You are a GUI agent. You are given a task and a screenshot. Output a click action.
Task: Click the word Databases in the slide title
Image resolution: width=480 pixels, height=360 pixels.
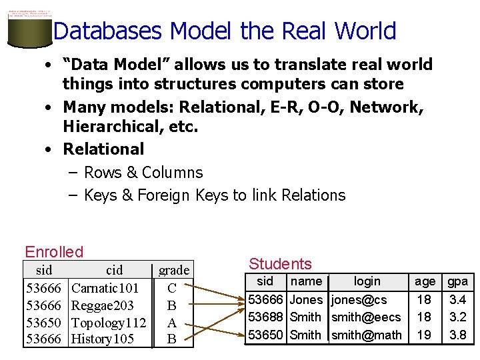coord(107,31)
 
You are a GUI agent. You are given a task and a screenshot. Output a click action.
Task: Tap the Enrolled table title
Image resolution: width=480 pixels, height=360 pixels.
coord(54,252)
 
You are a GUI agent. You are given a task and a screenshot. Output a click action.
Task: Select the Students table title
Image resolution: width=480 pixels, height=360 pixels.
coord(280,264)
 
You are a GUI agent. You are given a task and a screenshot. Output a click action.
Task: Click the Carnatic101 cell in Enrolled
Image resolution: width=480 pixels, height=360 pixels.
coord(105,289)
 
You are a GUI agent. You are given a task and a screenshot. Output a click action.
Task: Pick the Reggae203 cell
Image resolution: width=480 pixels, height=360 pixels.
coord(103,306)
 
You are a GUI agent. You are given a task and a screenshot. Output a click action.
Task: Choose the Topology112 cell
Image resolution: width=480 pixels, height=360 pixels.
coord(109,323)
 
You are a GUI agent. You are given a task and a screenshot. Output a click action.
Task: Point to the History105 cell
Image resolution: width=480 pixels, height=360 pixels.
coord(103,339)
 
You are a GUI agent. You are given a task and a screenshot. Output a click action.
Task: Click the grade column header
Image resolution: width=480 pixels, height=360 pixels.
coord(174,270)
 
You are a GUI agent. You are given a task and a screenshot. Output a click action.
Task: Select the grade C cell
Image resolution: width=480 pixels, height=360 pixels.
coord(172,289)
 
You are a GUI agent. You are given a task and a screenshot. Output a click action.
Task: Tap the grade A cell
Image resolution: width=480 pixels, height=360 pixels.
coord(172,323)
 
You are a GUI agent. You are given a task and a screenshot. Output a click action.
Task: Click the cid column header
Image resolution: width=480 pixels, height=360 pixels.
coord(115,270)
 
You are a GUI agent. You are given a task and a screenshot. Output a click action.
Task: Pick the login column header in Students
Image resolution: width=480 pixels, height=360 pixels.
coord(367,281)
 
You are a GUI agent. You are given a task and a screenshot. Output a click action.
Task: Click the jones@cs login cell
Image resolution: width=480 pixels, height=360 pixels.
coord(359,300)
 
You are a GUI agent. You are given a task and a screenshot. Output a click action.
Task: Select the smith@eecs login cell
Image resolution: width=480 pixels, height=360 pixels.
coord(366,317)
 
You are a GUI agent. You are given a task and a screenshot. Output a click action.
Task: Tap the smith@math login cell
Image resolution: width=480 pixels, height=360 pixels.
coord(367,335)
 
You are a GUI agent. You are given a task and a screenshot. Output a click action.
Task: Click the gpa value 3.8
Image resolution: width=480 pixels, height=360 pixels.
coord(458,335)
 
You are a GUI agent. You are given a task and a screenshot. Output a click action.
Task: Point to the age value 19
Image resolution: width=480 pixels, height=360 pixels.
coord(424,335)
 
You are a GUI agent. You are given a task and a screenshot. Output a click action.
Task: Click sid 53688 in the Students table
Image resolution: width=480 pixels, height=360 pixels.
coord(265,317)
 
